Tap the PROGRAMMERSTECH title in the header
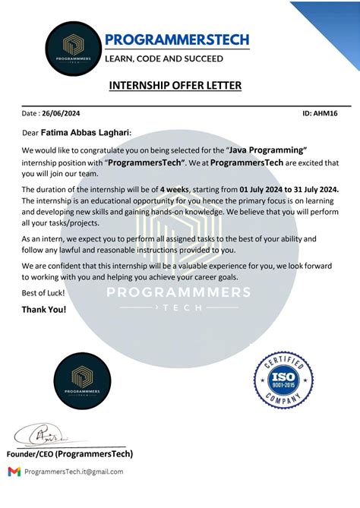(177, 39)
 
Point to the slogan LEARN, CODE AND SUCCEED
(163, 58)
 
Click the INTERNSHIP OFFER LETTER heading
(175, 86)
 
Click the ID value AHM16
(327, 113)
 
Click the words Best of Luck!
(43, 293)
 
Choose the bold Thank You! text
(44, 310)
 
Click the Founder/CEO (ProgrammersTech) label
(70, 454)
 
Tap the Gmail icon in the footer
(14, 472)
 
